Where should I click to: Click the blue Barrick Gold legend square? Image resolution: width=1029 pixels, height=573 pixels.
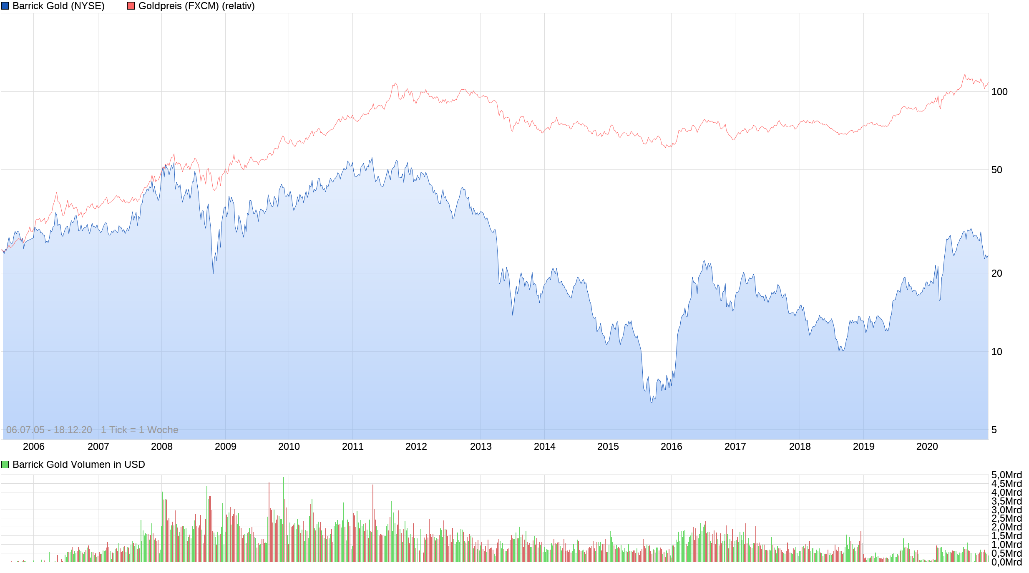[5, 6]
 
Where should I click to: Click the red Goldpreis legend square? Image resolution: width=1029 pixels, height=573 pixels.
[131, 6]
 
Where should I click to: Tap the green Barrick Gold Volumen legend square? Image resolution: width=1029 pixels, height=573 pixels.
[5, 464]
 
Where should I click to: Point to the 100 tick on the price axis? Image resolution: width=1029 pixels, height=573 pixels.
[999, 92]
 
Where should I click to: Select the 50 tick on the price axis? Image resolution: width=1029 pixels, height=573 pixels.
[996, 170]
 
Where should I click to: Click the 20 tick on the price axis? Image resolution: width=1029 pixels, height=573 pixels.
[996, 273]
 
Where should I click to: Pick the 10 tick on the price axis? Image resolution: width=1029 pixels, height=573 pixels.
[996, 352]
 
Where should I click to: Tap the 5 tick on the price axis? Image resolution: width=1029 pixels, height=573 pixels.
[994, 430]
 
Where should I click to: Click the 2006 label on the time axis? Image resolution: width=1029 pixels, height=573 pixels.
[33, 447]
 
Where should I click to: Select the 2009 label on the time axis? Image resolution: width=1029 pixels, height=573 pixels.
[225, 447]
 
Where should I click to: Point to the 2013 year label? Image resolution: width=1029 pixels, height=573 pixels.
[481, 447]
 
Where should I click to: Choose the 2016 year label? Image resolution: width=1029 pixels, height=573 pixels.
[671, 447]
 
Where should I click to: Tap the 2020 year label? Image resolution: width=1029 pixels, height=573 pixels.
[927, 447]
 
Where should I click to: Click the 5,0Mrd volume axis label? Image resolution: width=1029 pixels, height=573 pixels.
[1006, 475]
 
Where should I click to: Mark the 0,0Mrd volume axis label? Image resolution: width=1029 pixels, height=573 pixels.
[1006, 562]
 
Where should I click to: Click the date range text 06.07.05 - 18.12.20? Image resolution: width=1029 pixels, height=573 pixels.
[49, 430]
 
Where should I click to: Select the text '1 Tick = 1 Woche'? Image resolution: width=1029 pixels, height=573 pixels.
[139, 430]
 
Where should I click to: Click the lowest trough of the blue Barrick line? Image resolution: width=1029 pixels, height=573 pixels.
[652, 402]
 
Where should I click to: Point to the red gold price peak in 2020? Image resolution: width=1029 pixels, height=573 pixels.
[964, 75]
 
